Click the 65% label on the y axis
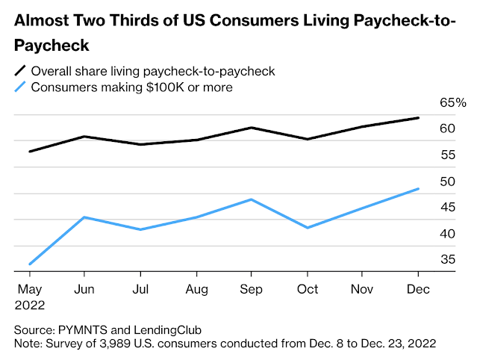[452, 103]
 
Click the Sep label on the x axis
[252, 289]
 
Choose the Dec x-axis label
[418, 289]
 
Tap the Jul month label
[140, 289]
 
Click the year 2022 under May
[31, 305]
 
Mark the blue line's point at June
[85, 217]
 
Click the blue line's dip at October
[308, 227]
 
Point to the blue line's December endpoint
[418, 189]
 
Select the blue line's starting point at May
[30, 264]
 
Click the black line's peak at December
[418, 118]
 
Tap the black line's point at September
[252, 128]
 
